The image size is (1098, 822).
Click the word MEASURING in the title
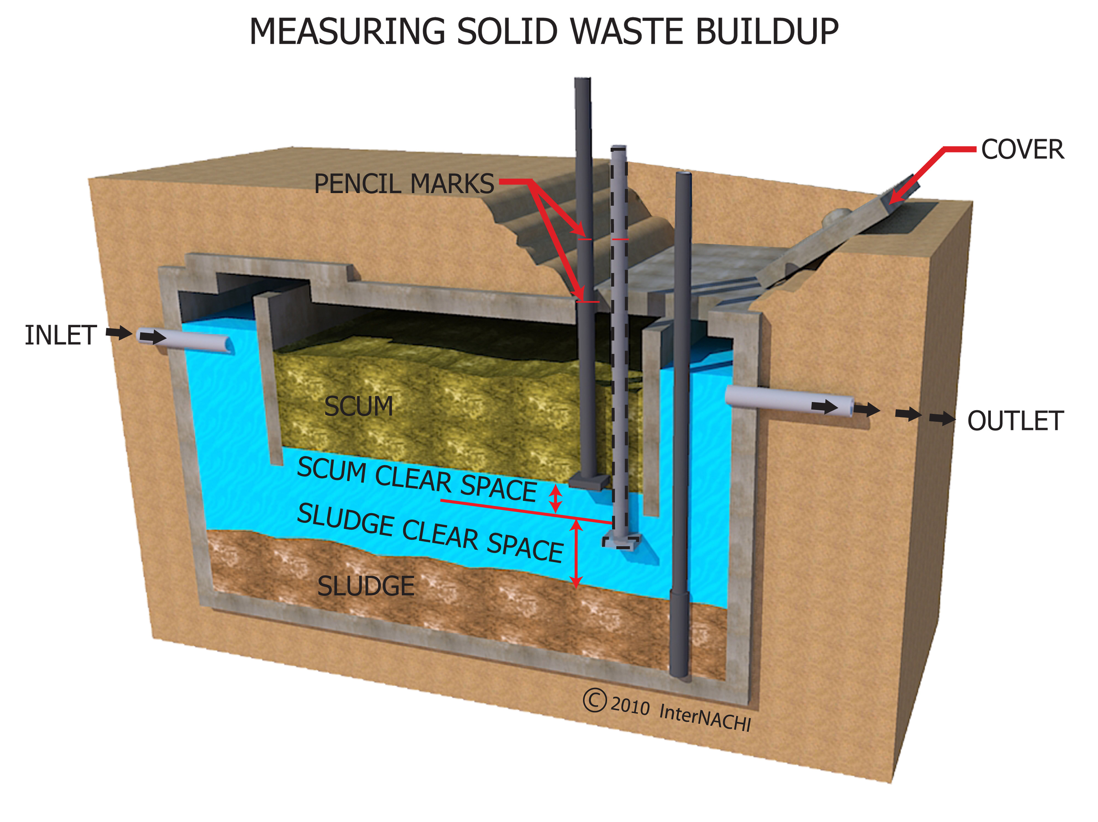347,32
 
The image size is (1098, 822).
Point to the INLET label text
61,336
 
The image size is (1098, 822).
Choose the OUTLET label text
1015,421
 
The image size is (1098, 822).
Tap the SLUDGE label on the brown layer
366,586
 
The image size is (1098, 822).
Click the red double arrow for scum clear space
555,498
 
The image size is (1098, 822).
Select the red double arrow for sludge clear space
576,554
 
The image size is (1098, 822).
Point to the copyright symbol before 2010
595,700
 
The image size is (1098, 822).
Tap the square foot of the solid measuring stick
588,481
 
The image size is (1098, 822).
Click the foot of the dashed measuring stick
622,541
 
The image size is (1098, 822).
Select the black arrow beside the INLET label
119,333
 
